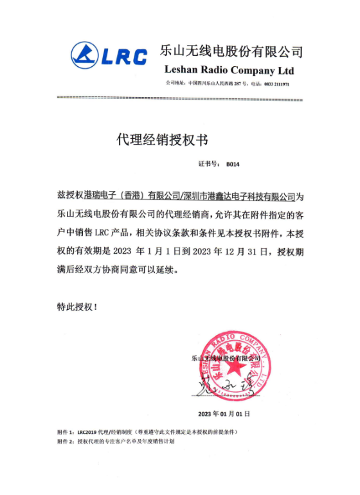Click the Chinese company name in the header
tap(231, 51)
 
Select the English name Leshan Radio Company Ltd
tap(229, 69)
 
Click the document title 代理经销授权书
tap(162, 138)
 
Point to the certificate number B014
tap(232, 165)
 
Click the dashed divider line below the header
tap(179, 99)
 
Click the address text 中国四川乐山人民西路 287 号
tap(215, 84)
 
